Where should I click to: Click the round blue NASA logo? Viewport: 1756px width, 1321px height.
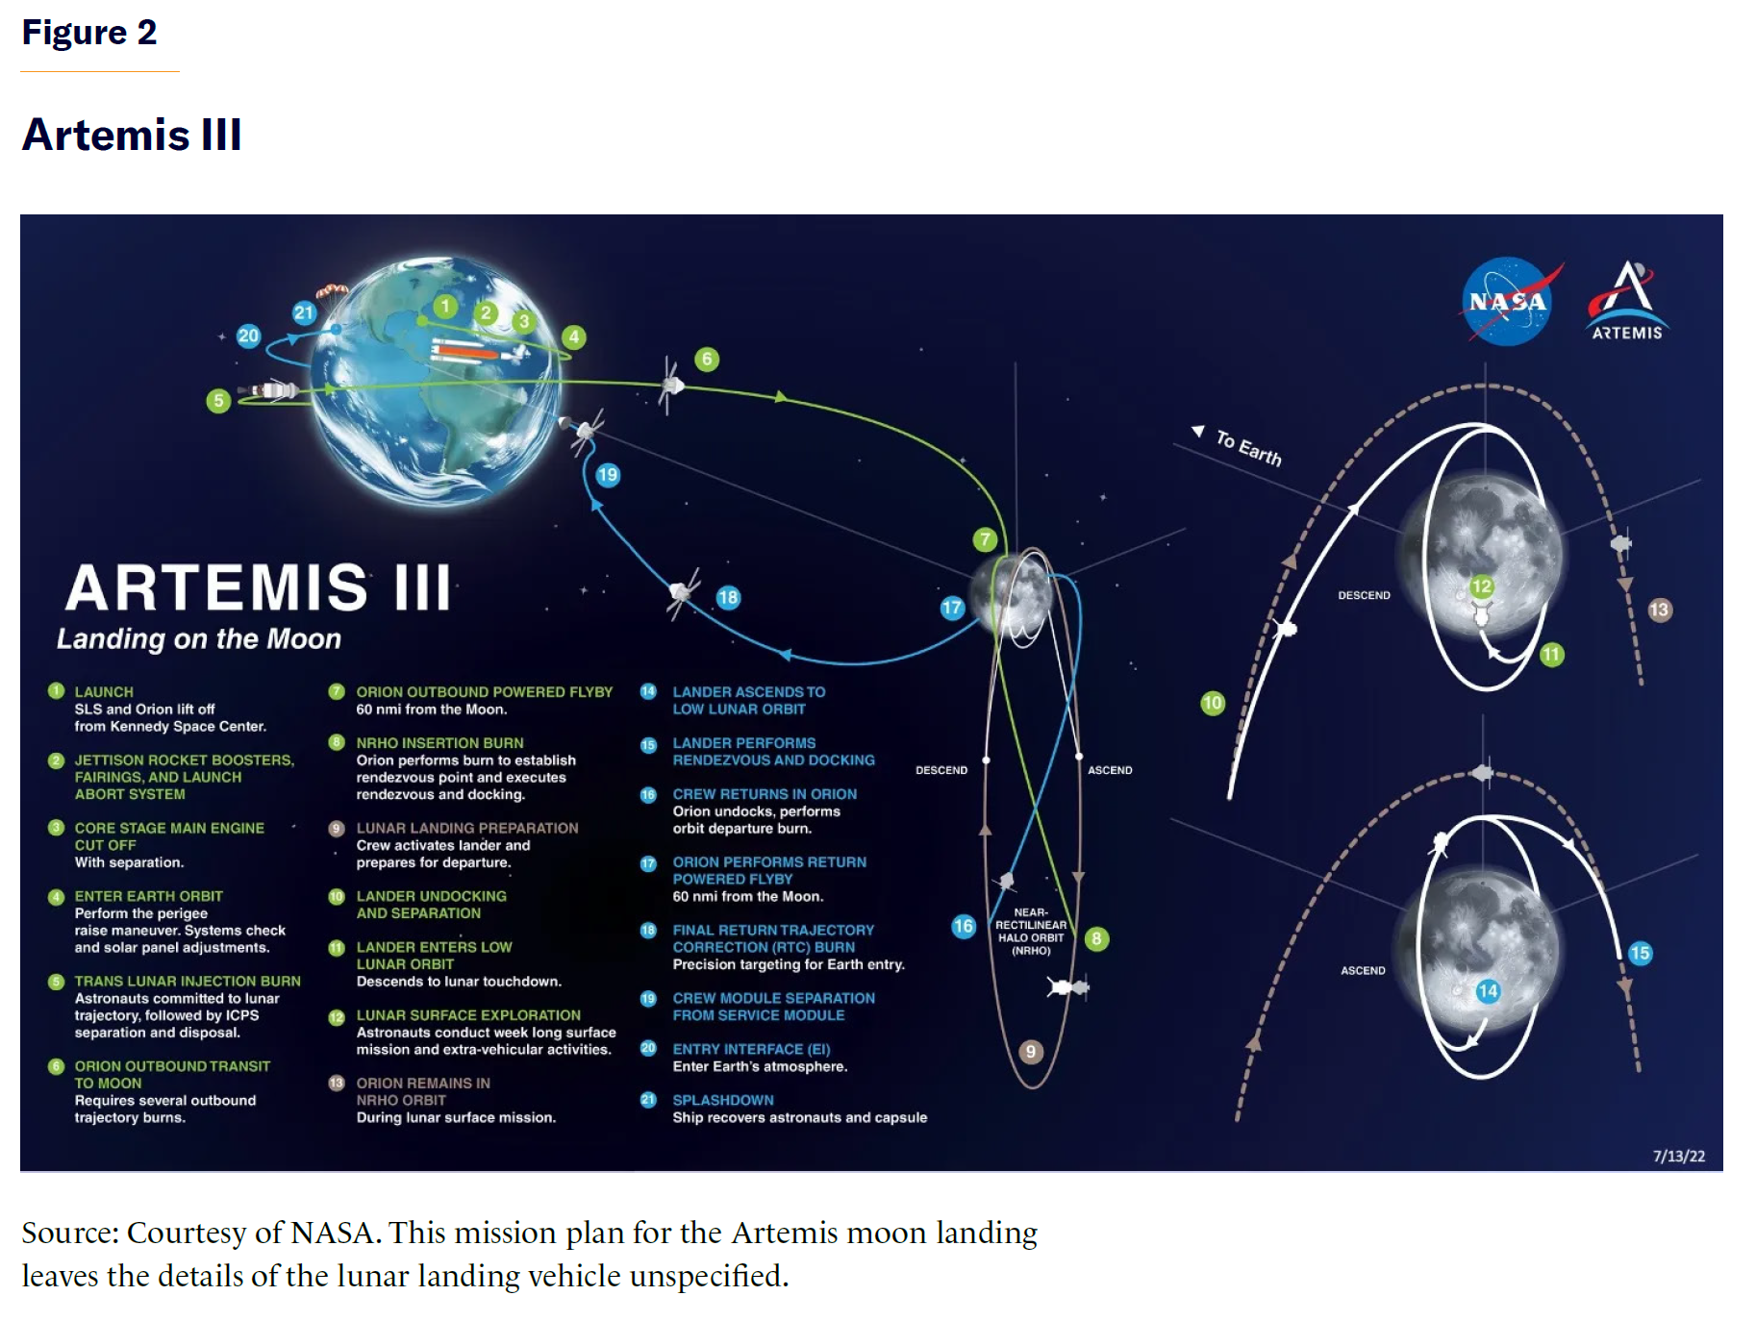click(x=1507, y=301)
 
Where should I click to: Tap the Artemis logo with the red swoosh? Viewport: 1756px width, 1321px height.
click(x=1627, y=300)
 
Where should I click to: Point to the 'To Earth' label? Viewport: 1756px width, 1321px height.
click(x=1248, y=447)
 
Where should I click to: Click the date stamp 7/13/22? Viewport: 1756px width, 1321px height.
click(x=1678, y=1156)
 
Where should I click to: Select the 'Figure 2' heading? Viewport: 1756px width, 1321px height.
click(x=89, y=33)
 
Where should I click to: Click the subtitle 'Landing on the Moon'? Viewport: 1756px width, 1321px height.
click(x=199, y=638)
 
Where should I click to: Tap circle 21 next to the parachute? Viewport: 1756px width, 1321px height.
click(x=304, y=312)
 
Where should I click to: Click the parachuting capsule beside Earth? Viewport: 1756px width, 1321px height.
click(x=332, y=291)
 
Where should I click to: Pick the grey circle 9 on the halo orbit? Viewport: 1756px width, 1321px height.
click(x=1030, y=1051)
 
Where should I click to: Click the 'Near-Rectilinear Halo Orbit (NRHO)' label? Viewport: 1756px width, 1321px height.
click(x=1031, y=931)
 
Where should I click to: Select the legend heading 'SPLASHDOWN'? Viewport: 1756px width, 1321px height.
click(x=723, y=1100)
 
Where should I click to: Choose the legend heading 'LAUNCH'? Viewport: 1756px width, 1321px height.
click(x=104, y=692)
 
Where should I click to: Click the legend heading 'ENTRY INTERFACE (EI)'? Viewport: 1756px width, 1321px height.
click(x=751, y=1049)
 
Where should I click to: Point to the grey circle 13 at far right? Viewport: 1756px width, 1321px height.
click(x=1659, y=610)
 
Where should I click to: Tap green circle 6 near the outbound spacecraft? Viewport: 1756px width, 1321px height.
click(x=707, y=360)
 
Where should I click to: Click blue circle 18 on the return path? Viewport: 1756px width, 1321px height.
click(x=728, y=597)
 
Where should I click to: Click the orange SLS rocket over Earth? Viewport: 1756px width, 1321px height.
click(x=471, y=350)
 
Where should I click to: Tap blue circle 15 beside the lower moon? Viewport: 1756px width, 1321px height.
click(x=1640, y=953)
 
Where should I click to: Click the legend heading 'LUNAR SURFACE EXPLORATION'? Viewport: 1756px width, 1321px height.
click(x=468, y=1015)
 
